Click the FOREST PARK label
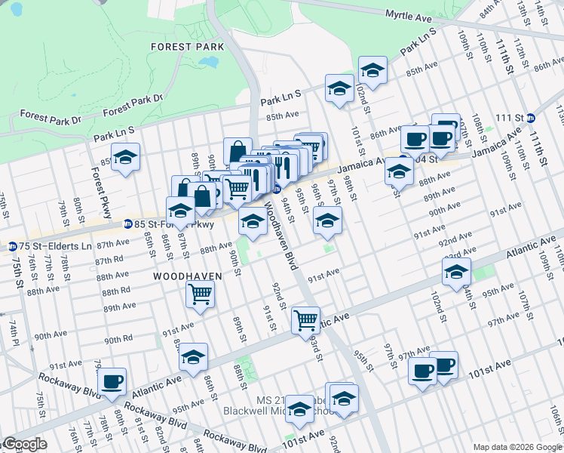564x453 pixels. pyautogui.click(x=187, y=47)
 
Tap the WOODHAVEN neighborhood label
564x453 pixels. pyautogui.click(x=188, y=276)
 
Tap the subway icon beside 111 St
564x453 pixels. pyautogui.click(x=531, y=118)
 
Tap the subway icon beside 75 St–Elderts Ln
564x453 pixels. pyautogui.click(x=12, y=246)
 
